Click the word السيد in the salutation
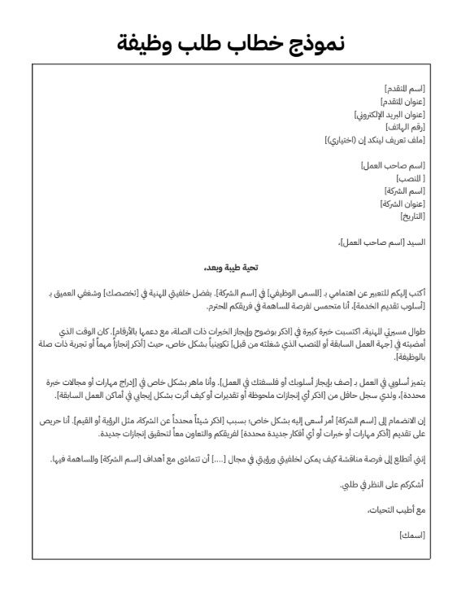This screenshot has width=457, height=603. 415,243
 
